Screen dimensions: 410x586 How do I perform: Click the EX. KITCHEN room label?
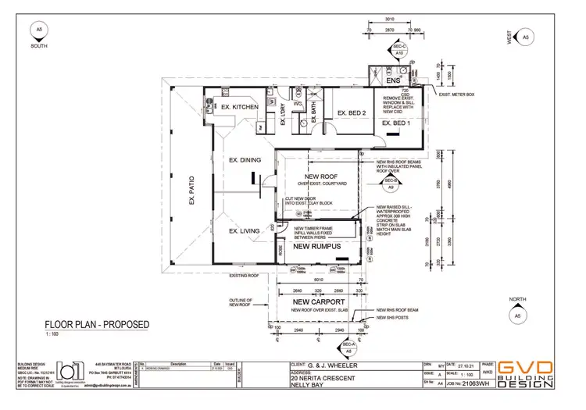[239, 107]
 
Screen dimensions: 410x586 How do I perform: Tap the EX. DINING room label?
[245, 160]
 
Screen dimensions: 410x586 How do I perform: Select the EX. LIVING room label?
[244, 231]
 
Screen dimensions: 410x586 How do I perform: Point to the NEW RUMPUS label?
[318, 247]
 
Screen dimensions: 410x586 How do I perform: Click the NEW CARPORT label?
[313, 301]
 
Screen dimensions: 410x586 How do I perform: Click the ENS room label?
[393, 80]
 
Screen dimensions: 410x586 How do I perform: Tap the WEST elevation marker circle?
[525, 37]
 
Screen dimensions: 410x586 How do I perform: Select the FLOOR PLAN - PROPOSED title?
[96, 324]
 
